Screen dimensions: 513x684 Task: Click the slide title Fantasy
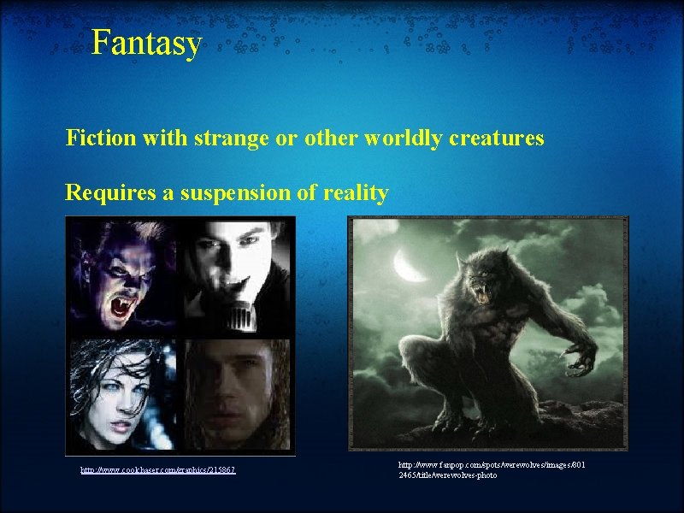pos(146,42)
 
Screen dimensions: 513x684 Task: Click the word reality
pos(355,193)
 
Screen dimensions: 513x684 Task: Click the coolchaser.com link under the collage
pos(158,470)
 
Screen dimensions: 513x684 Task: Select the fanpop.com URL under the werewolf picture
pos(492,469)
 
